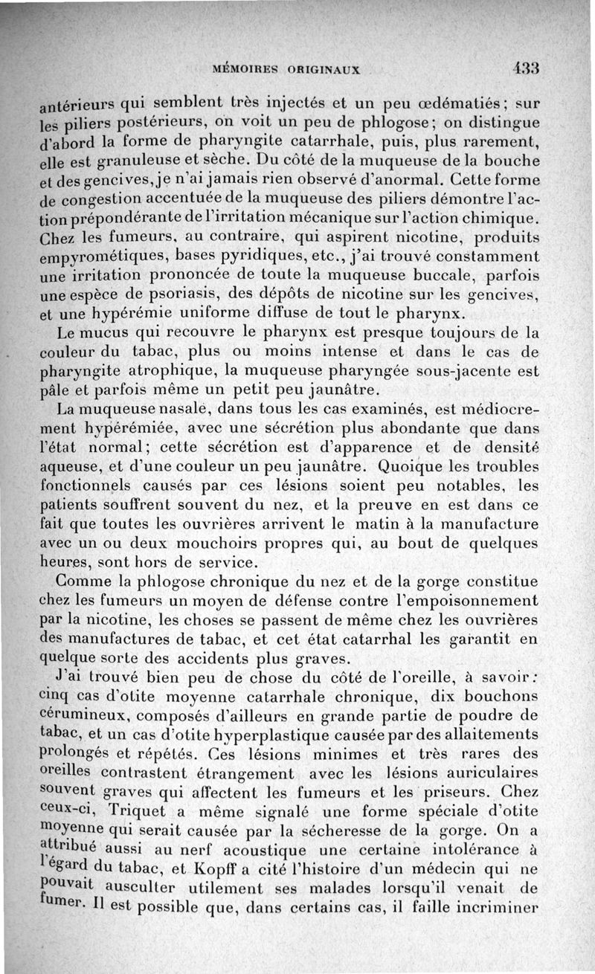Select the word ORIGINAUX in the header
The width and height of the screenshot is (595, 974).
[324, 70]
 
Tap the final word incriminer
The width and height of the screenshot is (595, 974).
[492, 908]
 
